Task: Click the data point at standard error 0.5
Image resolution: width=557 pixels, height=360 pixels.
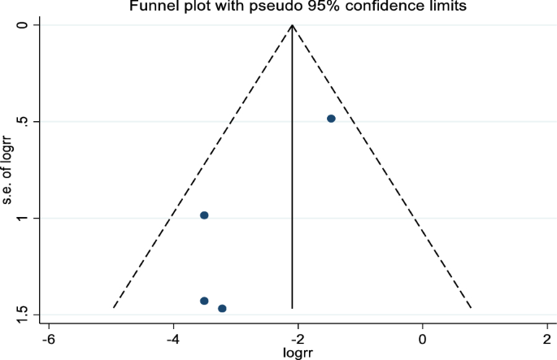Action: click(331, 119)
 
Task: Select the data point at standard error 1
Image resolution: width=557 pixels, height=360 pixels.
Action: click(204, 215)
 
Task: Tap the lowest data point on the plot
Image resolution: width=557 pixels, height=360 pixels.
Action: click(222, 309)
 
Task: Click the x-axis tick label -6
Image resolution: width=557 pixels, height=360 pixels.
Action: click(49, 337)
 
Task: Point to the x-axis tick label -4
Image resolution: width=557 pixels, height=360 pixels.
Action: click(173, 337)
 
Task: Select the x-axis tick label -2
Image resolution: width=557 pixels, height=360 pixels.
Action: click(298, 337)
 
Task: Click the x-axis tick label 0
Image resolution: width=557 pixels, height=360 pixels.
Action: click(422, 337)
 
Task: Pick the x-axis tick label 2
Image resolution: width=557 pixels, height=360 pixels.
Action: click(546, 337)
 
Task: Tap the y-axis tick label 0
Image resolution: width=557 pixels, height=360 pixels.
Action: click(24, 25)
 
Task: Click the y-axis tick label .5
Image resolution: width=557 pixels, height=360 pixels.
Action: click(24, 121)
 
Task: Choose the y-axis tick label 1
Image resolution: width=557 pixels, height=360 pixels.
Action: click(24, 218)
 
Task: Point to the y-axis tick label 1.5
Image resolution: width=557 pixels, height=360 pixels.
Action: click(24, 313)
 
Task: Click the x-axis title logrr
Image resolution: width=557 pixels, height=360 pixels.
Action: click(298, 352)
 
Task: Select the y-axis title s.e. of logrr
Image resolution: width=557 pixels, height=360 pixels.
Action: click(7, 169)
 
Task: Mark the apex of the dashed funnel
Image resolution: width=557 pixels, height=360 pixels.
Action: click(293, 25)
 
